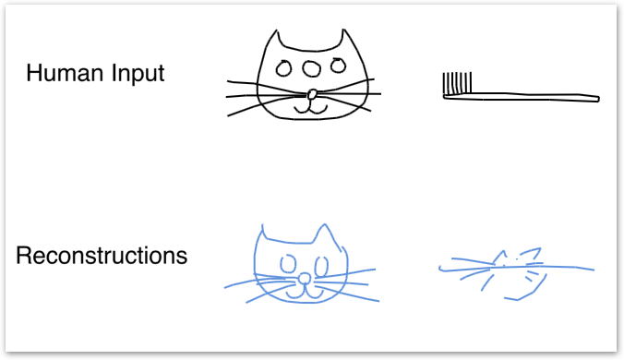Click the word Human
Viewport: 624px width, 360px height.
coord(65,73)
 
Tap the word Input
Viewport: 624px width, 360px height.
coord(138,74)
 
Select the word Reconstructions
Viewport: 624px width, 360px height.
coord(102,256)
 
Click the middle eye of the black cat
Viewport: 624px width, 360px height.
coord(311,68)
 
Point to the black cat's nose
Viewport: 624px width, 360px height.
coord(312,95)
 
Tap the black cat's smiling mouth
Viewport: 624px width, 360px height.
coord(310,109)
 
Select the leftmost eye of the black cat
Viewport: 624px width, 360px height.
coord(283,68)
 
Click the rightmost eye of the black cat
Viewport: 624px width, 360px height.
coord(339,66)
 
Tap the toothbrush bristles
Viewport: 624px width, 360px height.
coord(457,83)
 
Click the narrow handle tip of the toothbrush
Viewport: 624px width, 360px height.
coord(598,98)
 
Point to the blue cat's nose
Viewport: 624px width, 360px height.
coord(305,279)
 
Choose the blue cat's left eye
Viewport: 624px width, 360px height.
coord(288,264)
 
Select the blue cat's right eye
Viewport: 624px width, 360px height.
coord(321,266)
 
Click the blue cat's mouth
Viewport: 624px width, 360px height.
coord(306,294)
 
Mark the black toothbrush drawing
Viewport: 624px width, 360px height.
coord(521,87)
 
